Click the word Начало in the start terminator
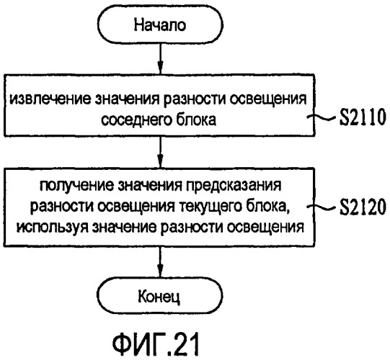coord(160,25)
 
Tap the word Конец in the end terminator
coord(159,296)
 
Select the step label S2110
coord(363,117)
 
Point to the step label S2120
coord(363,206)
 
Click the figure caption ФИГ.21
coord(156,344)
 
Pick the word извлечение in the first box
coord(50,99)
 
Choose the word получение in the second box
coord(76,185)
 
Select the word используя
coord(52,227)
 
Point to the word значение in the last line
coord(124,227)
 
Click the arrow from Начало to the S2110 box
coord(161,58)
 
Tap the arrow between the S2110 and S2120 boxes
coord(161,152)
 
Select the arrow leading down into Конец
coord(161,262)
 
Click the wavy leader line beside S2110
coord(323,117)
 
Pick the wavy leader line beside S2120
coord(323,206)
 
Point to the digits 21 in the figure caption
coord(185,344)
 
